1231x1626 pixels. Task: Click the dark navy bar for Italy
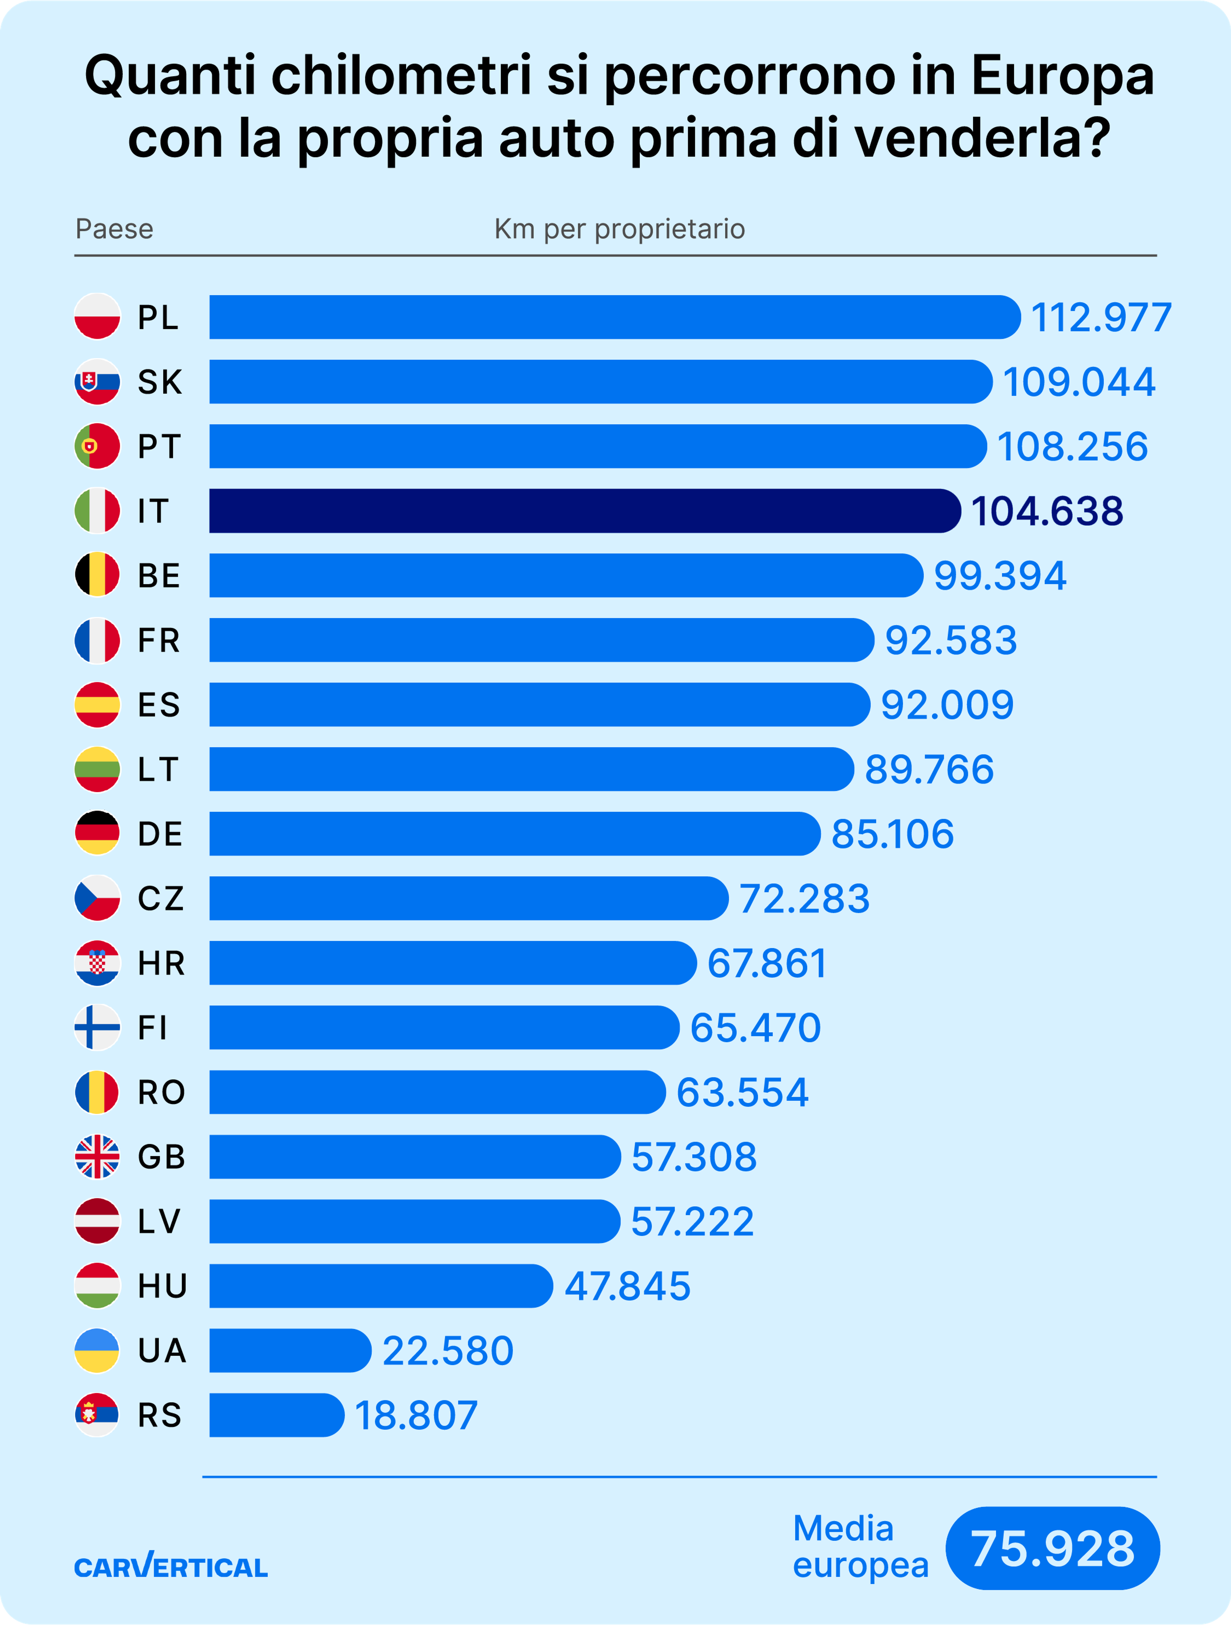(x=584, y=511)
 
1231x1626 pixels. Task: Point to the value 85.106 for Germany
(x=892, y=834)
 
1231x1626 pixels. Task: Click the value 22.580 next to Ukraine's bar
(x=448, y=1351)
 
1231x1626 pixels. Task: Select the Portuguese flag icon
(x=97, y=446)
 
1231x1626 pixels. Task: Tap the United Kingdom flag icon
(x=97, y=1157)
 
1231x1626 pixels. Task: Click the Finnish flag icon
(x=97, y=1028)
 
